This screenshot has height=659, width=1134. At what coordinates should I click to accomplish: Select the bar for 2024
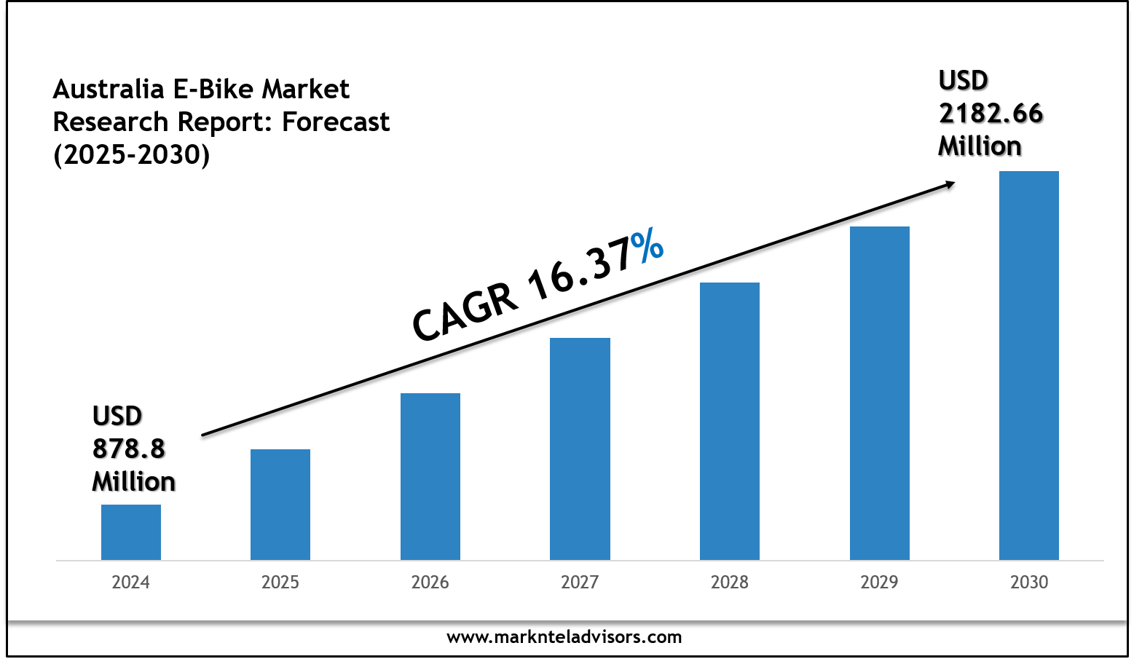tap(131, 532)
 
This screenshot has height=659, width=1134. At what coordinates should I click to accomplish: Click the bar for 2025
tap(280, 505)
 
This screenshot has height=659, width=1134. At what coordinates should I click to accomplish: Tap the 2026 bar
tap(430, 477)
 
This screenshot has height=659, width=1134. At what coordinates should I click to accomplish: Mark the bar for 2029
tap(880, 393)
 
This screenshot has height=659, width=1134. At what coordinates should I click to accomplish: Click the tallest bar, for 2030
tap(1029, 366)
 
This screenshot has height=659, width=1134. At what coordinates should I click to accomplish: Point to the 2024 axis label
tap(131, 583)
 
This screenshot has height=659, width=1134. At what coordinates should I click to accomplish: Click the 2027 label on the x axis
tap(580, 583)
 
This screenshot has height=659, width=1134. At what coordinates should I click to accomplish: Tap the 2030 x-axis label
tap(1029, 583)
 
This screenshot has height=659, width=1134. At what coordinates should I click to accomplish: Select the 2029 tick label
tap(880, 583)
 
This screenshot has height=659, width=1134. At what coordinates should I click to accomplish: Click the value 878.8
tap(129, 449)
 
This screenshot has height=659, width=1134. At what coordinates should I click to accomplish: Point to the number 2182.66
tap(991, 114)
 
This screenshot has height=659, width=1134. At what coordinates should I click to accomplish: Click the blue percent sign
tap(647, 245)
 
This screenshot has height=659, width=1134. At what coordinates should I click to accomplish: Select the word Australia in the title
tap(109, 90)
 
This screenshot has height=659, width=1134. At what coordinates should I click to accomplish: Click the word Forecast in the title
tap(336, 122)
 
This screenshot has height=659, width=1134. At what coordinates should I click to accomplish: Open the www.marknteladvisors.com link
tap(564, 637)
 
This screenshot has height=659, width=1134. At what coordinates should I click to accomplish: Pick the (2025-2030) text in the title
tap(132, 154)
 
